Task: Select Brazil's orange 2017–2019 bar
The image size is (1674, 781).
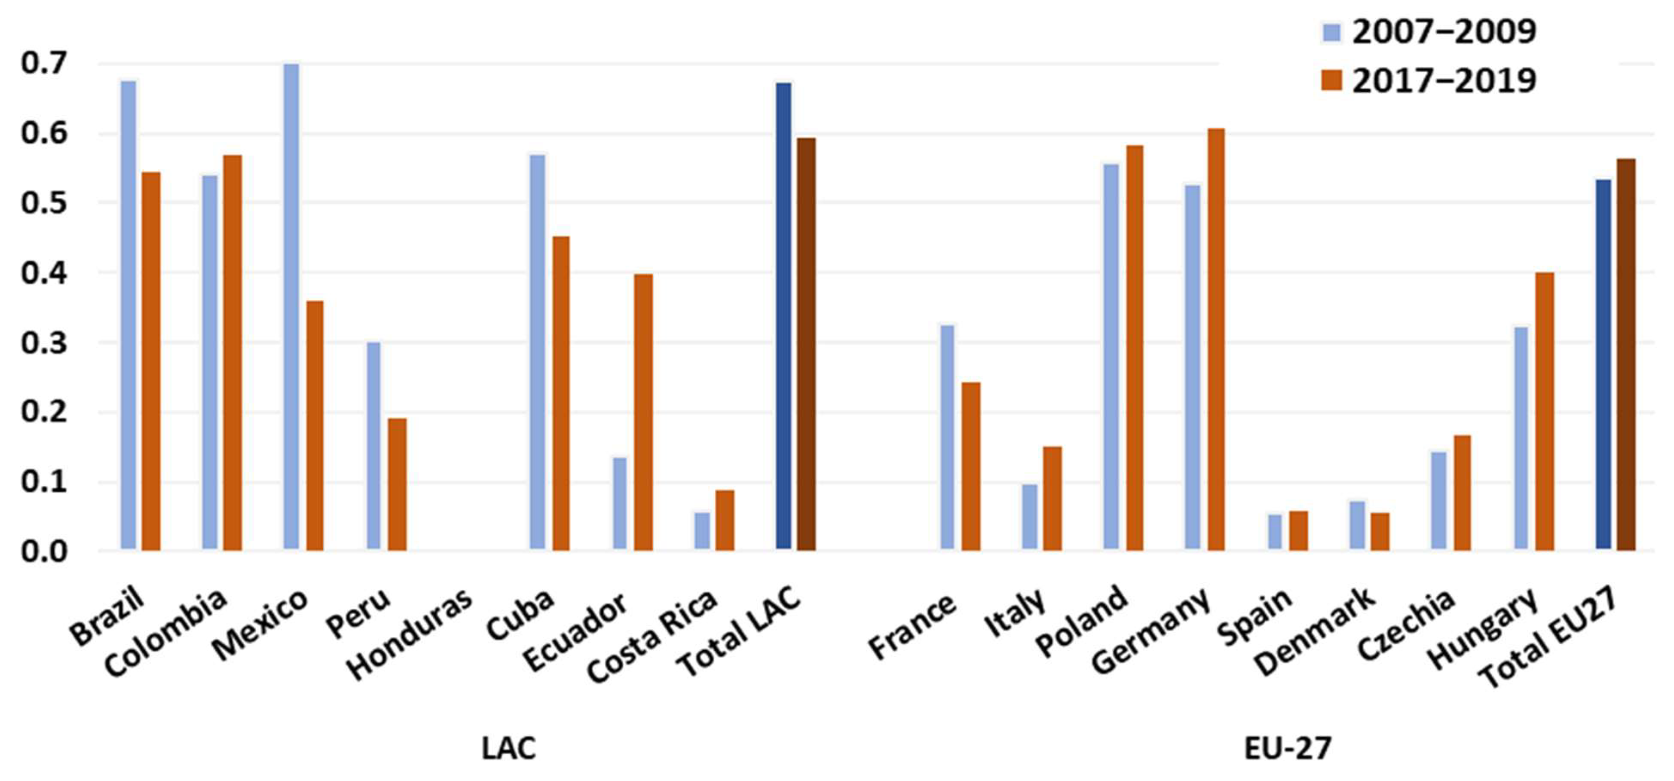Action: tap(151, 361)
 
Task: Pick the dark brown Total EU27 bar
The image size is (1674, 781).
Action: tap(1626, 355)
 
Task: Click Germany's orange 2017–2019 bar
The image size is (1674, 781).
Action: tap(1216, 340)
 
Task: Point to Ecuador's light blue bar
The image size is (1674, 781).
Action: tap(620, 504)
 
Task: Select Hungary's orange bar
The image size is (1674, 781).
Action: tap(1544, 412)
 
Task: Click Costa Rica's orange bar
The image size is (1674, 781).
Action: tap(725, 521)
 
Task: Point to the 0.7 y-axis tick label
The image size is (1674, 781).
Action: tap(44, 64)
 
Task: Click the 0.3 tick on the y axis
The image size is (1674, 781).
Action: tap(44, 343)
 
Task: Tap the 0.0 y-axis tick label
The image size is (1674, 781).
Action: tap(44, 551)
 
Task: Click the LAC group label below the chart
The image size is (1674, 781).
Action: tap(509, 748)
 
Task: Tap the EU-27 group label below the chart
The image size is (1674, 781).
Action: tap(1287, 748)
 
